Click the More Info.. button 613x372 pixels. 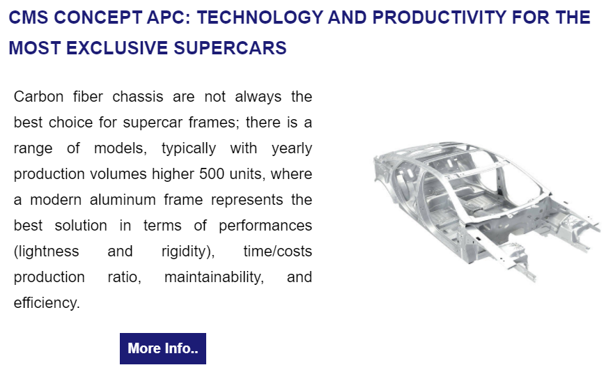(162, 348)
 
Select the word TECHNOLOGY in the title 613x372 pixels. (260, 17)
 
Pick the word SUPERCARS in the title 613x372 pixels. (231, 48)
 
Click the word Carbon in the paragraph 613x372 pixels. (38, 97)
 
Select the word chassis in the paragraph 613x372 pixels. (138, 97)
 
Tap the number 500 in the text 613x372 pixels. (212, 173)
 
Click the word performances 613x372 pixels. (265, 226)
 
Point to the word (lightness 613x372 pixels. (47, 251)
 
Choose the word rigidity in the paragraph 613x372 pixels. (186, 251)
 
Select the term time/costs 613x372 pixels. (277, 251)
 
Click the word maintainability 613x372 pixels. (215, 277)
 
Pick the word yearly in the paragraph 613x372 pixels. (292, 148)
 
